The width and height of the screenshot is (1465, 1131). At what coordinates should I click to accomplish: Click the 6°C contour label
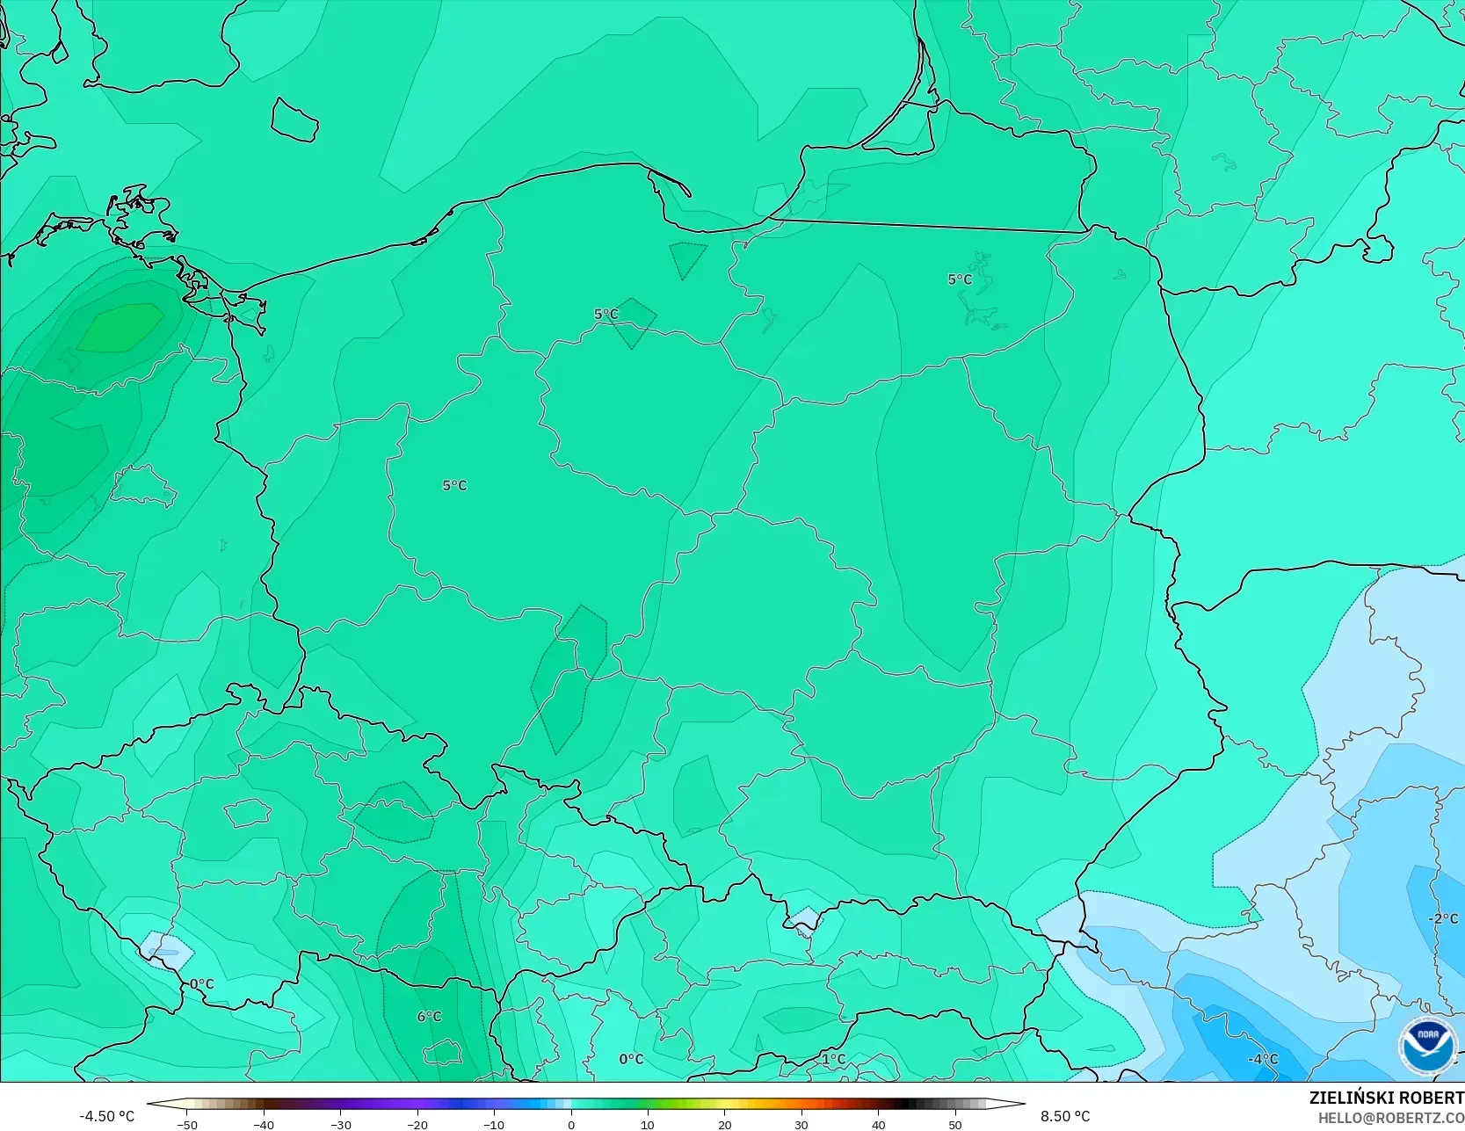[429, 1017]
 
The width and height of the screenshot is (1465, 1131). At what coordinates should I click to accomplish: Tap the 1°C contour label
[833, 1059]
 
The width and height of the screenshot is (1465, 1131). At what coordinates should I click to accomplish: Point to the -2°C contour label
[1442, 918]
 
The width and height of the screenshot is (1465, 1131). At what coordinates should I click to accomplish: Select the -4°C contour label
[1263, 1059]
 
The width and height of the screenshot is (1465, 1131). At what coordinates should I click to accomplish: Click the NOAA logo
[1427, 1046]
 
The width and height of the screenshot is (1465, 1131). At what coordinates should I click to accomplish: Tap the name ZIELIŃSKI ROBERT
[1386, 1098]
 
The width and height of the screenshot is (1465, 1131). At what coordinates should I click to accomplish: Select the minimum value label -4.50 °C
[107, 1116]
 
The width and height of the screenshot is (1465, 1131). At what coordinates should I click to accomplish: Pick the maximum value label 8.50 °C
[1065, 1116]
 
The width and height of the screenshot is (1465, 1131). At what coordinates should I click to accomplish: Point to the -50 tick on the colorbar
[186, 1125]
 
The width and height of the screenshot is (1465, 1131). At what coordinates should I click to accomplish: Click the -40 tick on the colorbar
[264, 1125]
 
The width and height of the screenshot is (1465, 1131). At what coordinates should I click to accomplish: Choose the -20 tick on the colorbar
[417, 1125]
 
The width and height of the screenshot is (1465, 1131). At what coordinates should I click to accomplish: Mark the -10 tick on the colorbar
[494, 1125]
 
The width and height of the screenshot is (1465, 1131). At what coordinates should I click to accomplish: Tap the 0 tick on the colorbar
[571, 1125]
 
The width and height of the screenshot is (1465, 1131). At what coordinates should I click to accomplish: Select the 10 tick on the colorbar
[648, 1125]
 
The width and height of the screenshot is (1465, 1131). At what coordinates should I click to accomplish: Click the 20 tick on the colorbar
[724, 1125]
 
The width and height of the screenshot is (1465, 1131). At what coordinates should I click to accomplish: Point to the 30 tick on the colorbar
[801, 1125]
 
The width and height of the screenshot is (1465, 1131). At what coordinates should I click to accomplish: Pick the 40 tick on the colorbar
[878, 1125]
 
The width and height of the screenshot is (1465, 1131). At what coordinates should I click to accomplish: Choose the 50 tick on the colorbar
[955, 1125]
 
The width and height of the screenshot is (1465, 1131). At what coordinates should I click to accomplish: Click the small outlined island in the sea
[294, 120]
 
